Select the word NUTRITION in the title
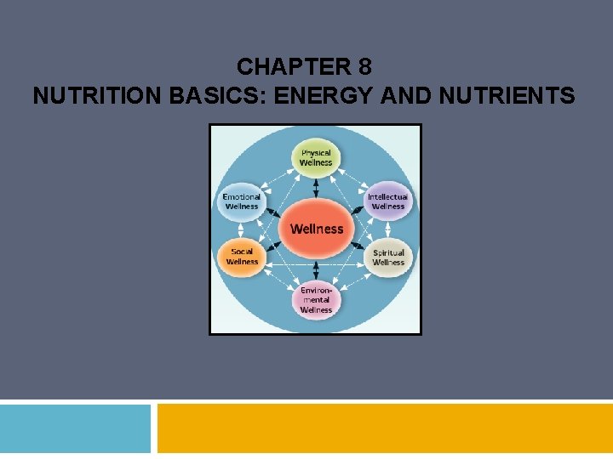click(x=95, y=96)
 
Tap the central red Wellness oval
click(x=316, y=229)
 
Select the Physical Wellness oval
click(x=316, y=158)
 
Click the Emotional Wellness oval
click(x=241, y=201)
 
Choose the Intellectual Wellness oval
click(x=388, y=201)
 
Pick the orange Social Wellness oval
click(x=242, y=256)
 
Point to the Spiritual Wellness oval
click(x=388, y=257)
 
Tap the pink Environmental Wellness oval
click(x=316, y=299)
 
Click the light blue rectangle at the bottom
click(x=75, y=428)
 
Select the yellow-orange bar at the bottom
click(x=385, y=428)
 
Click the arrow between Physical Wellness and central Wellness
click(x=316, y=187)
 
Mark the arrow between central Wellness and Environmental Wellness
click(x=316, y=270)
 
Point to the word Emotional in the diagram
click(x=241, y=197)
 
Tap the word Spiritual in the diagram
click(x=388, y=252)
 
